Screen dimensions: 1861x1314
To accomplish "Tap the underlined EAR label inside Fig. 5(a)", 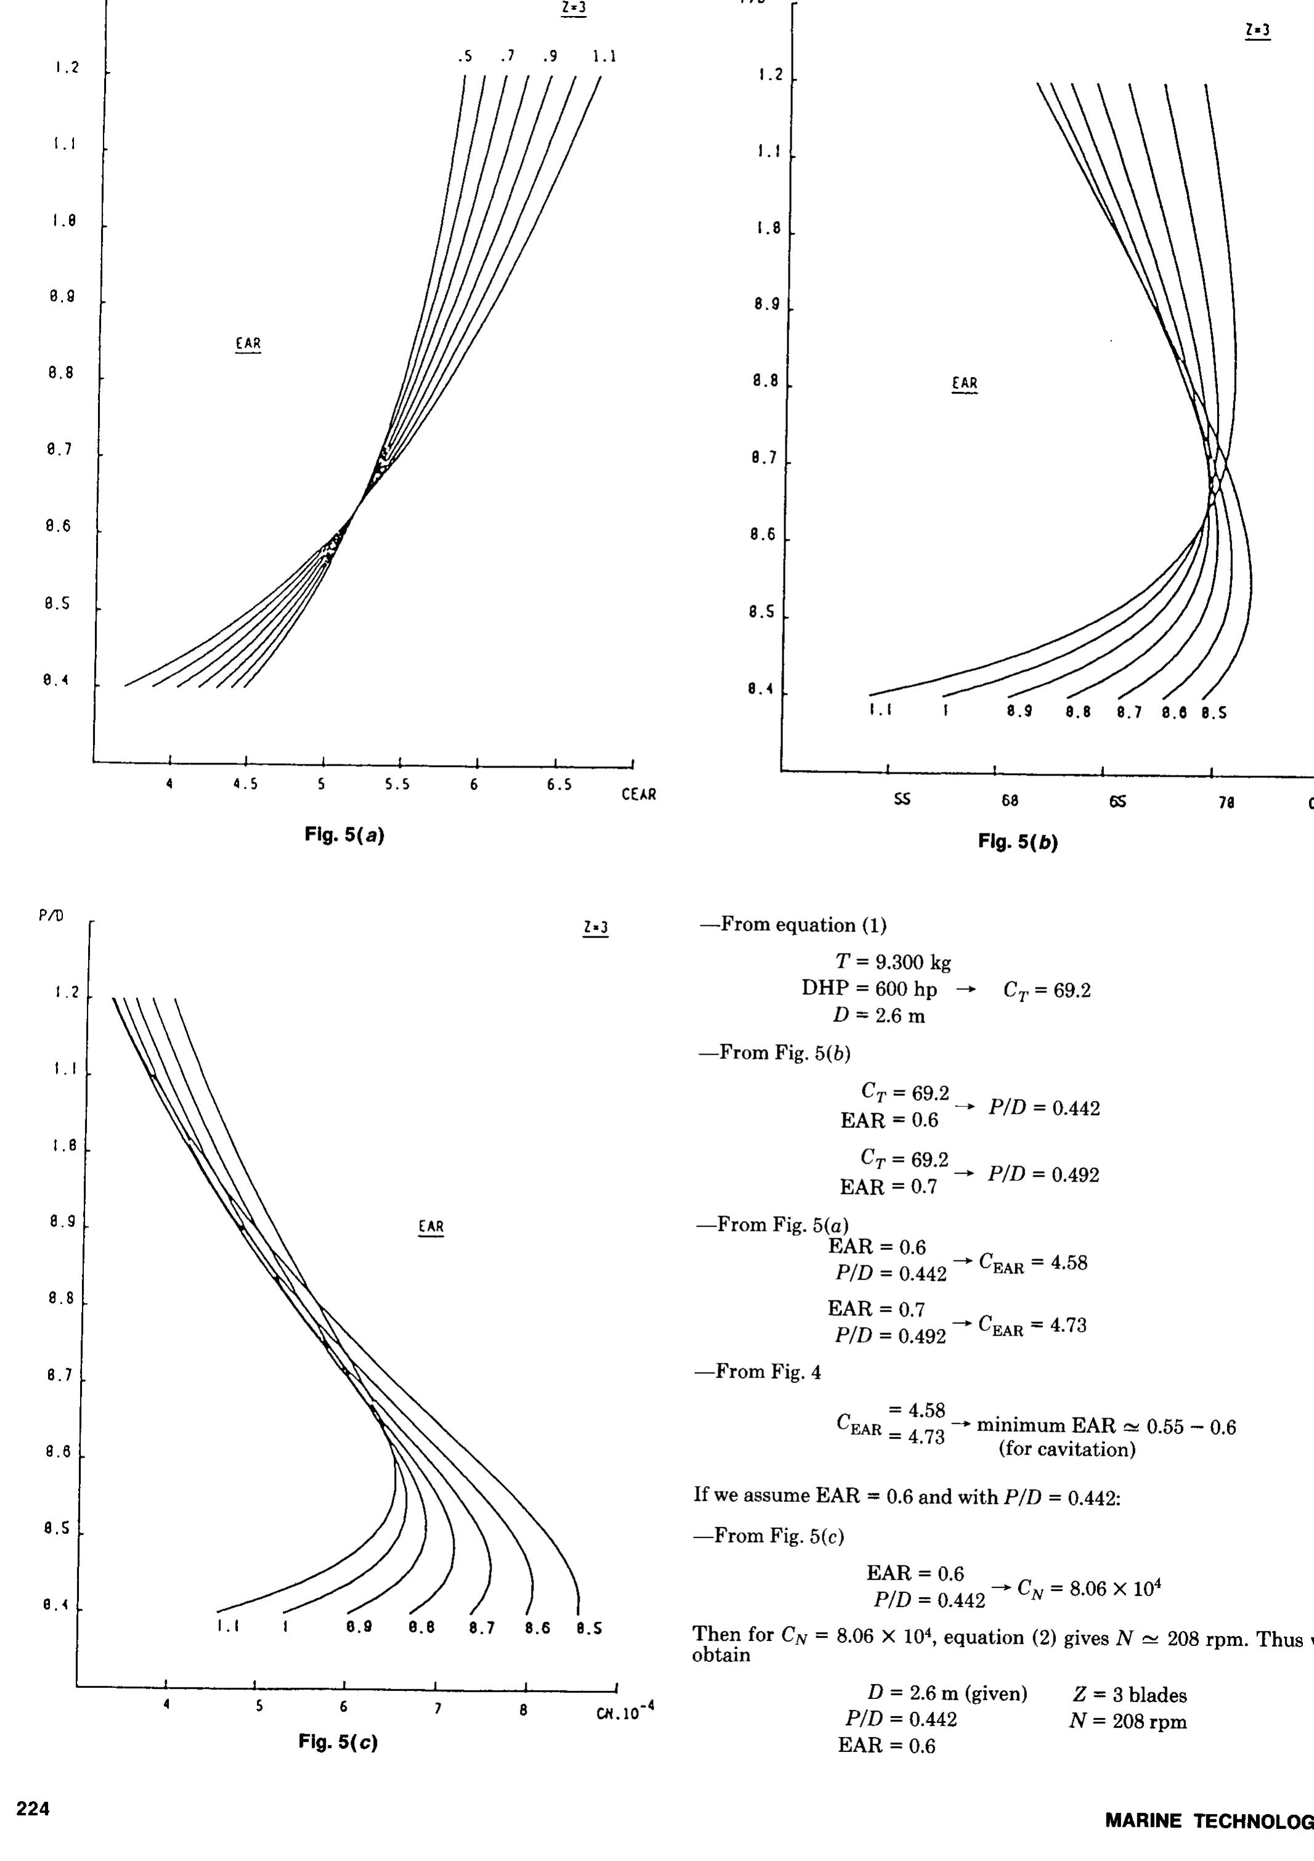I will point(248,344).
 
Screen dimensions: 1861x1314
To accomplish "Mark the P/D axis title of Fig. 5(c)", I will point(51,915).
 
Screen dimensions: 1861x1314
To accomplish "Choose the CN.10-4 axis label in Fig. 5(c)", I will point(624,1710).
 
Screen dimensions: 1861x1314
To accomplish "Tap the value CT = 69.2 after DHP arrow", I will point(1047,990).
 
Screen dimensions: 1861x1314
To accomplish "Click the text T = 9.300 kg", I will point(893,963).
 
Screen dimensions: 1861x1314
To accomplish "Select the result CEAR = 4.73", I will point(1032,1324).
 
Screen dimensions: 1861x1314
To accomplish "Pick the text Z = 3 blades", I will point(1129,1695).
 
